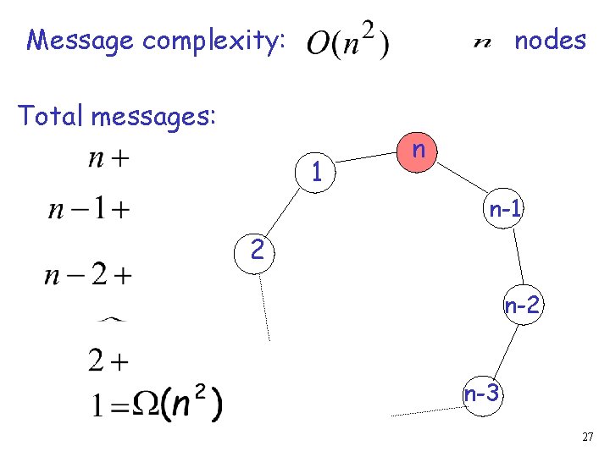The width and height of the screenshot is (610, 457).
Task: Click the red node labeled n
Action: [x=418, y=152]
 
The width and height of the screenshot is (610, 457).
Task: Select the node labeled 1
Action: [x=315, y=172]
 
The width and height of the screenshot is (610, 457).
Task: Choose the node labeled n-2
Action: [x=522, y=306]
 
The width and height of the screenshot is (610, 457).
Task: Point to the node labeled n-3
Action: [x=481, y=394]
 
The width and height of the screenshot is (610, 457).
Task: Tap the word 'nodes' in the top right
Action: [x=550, y=40]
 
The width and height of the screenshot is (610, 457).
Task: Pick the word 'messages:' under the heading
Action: [x=153, y=116]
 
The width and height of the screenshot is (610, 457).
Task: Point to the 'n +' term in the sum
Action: [x=108, y=158]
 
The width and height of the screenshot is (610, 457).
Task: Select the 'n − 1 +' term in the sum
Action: [x=90, y=209]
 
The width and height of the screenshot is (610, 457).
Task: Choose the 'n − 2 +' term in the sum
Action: [x=89, y=274]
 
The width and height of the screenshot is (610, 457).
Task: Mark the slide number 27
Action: [x=588, y=437]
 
